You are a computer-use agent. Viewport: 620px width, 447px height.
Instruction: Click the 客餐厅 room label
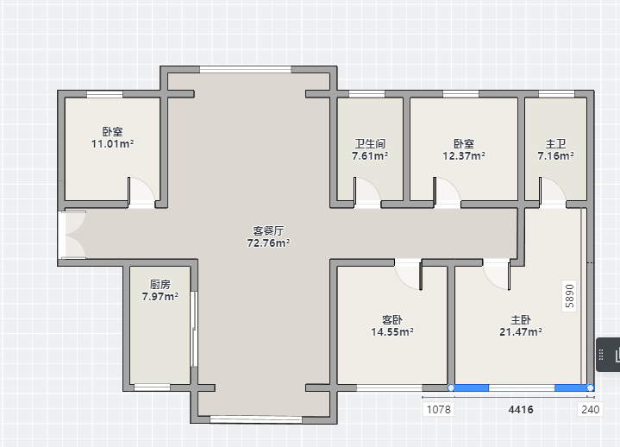click(x=268, y=230)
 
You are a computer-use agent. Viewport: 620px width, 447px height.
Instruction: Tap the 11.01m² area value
click(x=113, y=144)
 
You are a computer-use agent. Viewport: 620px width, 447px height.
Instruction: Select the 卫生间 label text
click(x=370, y=143)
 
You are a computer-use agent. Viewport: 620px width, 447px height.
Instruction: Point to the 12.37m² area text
click(x=464, y=156)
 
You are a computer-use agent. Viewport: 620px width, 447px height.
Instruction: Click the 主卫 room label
click(x=555, y=143)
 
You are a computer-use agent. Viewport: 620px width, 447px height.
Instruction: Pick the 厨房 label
click(x=160, y=284)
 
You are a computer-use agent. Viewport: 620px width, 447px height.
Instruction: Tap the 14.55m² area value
click(x=392, y=332)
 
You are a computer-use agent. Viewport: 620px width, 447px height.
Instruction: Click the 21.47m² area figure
click(x=521, y=332)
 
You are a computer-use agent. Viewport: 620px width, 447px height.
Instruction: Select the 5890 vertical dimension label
click(x=569, y=296)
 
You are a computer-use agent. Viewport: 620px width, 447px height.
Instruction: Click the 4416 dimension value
click(x=521, y=409)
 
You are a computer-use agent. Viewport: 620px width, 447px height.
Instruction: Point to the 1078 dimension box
click(x=439, y=409)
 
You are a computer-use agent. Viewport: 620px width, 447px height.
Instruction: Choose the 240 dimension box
click(x=591, y=409)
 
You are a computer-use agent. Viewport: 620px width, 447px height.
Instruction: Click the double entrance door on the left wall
click(x=72, y=235)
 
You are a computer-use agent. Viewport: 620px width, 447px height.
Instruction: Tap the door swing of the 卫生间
click(x=367, y=192)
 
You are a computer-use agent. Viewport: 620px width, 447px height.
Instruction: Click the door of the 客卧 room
click(x=409, y=274)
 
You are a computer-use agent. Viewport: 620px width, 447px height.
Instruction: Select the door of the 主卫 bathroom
click(x=553, y=192)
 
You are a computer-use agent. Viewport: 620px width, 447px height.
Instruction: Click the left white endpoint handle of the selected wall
click(x=451, y=387)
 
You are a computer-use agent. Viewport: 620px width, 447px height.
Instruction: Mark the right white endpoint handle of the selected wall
click(x=591, y=387)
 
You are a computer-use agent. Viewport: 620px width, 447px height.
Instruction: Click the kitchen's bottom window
click(x=153, y=387)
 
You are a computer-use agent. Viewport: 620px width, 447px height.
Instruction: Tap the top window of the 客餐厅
click(x=246, y=70)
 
